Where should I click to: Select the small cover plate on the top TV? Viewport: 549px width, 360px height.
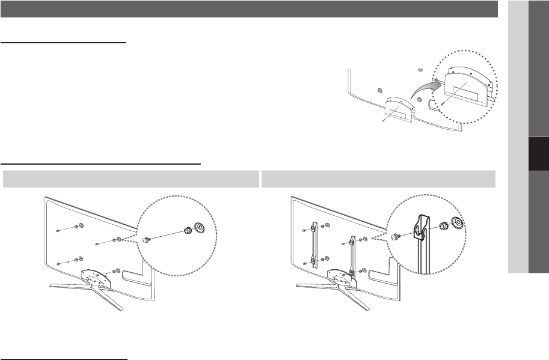coord(397,109)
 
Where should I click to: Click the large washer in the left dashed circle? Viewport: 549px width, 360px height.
coord(198,228)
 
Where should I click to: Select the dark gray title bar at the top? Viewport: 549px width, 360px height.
coord(249,9)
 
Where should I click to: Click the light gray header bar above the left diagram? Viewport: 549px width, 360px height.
coord(130,178)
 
